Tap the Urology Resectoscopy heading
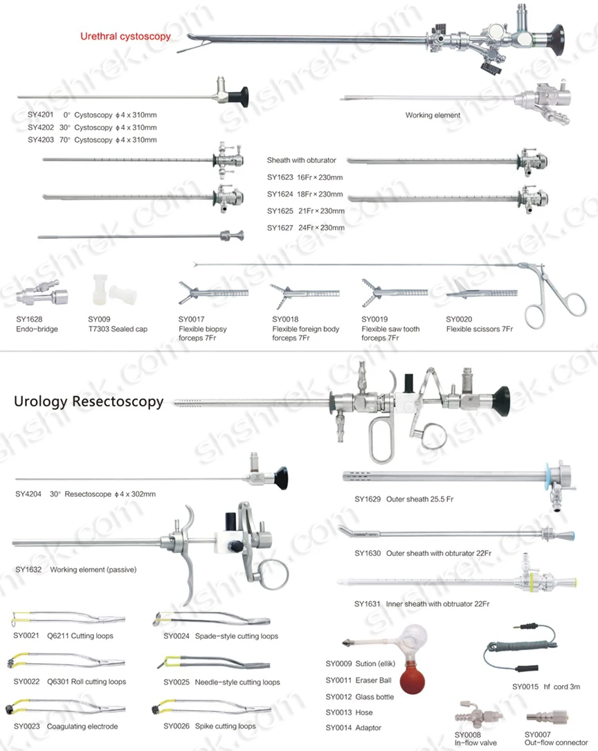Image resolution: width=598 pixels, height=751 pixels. click(89, 401)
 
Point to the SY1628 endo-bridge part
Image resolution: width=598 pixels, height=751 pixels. click(41, 296)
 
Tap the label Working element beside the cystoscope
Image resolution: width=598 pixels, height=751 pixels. click(433, 116)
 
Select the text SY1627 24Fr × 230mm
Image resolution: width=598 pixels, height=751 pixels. click(305, 228)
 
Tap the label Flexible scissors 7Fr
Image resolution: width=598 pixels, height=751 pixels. click(479, 329)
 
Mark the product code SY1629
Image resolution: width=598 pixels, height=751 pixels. click(367, 499)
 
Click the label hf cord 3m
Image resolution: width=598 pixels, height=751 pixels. click(562, 687)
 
